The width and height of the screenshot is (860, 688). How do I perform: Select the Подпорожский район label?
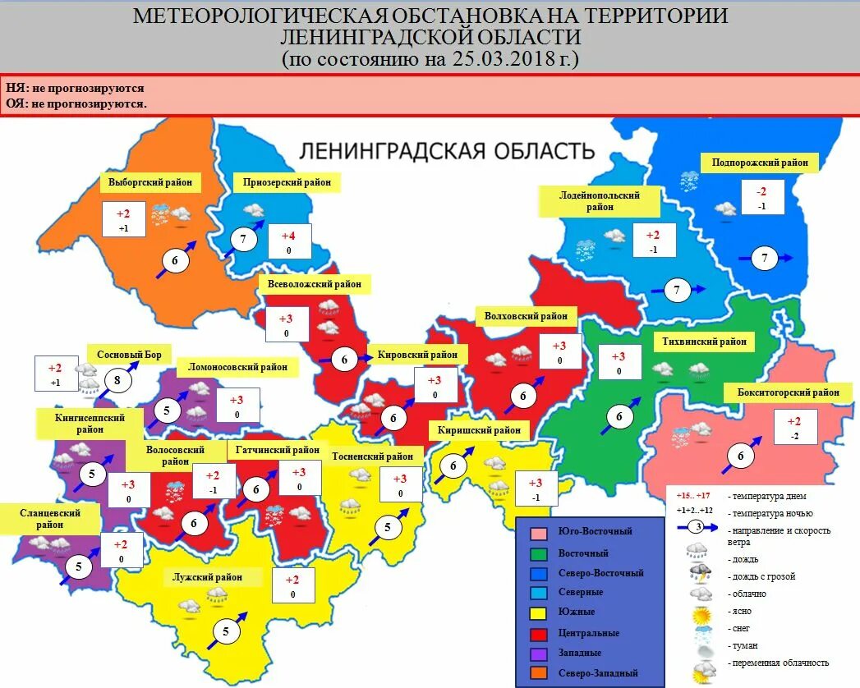[x=761, y=163]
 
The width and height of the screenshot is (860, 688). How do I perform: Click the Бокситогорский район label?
[x=788, y=392]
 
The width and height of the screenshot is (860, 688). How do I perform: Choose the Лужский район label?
[x=208, y=577]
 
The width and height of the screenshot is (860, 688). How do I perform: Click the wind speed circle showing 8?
[x=117, y=381]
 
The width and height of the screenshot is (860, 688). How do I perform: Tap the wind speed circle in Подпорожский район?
[x=765, y=259]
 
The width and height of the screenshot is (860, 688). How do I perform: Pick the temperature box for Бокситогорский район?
[x=793, y=428]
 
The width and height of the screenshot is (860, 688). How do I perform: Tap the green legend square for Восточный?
[x=539, y=553]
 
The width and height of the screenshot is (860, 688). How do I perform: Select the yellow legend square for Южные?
[x=539, y=612]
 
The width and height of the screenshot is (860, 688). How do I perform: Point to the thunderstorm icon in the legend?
[x=701, y=573]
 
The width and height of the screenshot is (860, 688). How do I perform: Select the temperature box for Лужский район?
[x=292, y=586]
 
